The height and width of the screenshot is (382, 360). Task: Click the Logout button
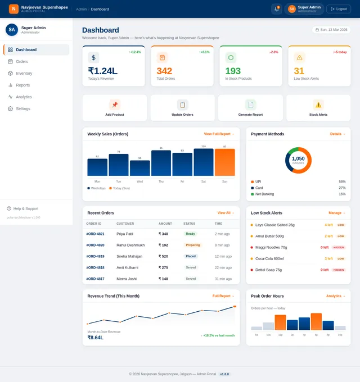click(339, 9)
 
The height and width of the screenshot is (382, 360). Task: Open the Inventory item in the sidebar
click(24, 73)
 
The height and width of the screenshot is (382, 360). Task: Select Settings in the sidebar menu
click(23, 108)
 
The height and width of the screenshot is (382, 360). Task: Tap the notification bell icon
click(276, 9)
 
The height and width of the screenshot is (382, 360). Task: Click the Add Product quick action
click(115, 107)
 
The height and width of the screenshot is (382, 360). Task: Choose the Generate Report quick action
click(250, 107)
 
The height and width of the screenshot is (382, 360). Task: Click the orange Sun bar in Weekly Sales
click(224, 162)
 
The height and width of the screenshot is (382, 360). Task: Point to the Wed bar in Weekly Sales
click(139, 168)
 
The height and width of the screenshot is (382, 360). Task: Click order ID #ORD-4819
click(95, 256)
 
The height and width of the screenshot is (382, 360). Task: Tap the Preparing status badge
click(192, 245)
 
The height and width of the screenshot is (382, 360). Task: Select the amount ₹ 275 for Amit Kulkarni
click(163, 267)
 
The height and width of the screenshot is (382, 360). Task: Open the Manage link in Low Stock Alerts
click(337, 213)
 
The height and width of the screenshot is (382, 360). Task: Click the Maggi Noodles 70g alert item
click(271, 247)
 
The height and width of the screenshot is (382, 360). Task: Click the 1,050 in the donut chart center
click(298, 159)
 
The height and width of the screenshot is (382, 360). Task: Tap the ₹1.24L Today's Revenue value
click(102, 71)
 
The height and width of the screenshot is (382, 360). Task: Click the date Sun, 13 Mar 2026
click(331, 29)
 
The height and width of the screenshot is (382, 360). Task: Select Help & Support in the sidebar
click(25, 208)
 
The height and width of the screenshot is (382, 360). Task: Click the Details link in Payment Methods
click(337, 134)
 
